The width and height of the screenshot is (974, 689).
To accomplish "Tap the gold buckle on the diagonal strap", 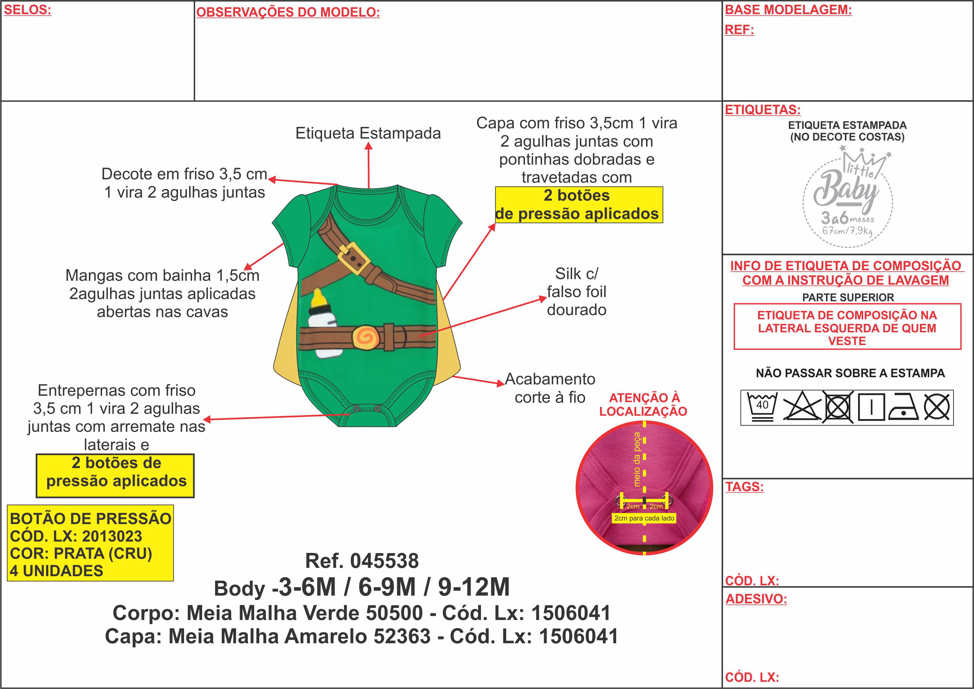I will click(x=354, y=257).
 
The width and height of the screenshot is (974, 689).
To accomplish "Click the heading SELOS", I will click(x=27, y=10).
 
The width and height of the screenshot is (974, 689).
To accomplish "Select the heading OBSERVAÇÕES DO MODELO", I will click(x=288, y=12).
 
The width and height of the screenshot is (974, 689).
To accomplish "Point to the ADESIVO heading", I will click(x=756, y=599).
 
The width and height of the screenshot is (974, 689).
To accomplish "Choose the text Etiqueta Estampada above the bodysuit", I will click(x=368, y=133).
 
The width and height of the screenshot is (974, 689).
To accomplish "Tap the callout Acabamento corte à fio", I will click(x=550, y=388).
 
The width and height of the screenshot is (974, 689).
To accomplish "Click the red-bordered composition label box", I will click(x=847, y=327).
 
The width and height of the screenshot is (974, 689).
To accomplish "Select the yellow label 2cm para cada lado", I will click(x=644, y=518).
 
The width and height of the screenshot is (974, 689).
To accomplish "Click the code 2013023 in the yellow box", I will click(x=112, y=536).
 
